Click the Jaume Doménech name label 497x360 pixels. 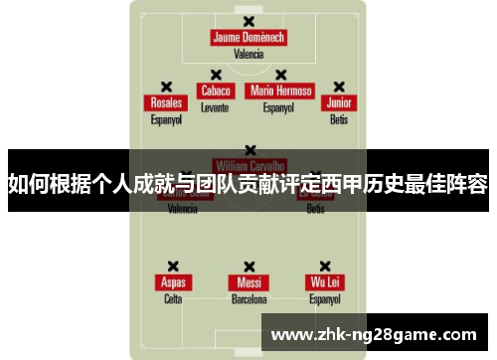point(248,38)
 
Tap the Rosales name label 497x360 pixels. point(166,103)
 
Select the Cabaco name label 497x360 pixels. point(215,90)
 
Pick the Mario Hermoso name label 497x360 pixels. point(280,90)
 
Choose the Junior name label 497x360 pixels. point(339,103)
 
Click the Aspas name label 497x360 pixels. point(173,282)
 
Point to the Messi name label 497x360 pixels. point(248,282)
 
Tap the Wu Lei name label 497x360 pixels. point(324,282)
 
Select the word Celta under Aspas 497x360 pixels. point(173,298)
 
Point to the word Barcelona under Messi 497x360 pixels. point(248,298)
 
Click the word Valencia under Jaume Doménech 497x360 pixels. point(248,54)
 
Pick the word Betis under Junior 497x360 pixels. point(339,119)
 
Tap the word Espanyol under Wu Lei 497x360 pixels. point(324,298)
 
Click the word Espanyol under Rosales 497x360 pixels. point(166,119)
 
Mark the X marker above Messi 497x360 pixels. point(248,266)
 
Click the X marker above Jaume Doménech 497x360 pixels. point(248,21)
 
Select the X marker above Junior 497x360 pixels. point(339,87)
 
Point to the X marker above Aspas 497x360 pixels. point(173,266)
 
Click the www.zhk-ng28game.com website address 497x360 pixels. point(374,334)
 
